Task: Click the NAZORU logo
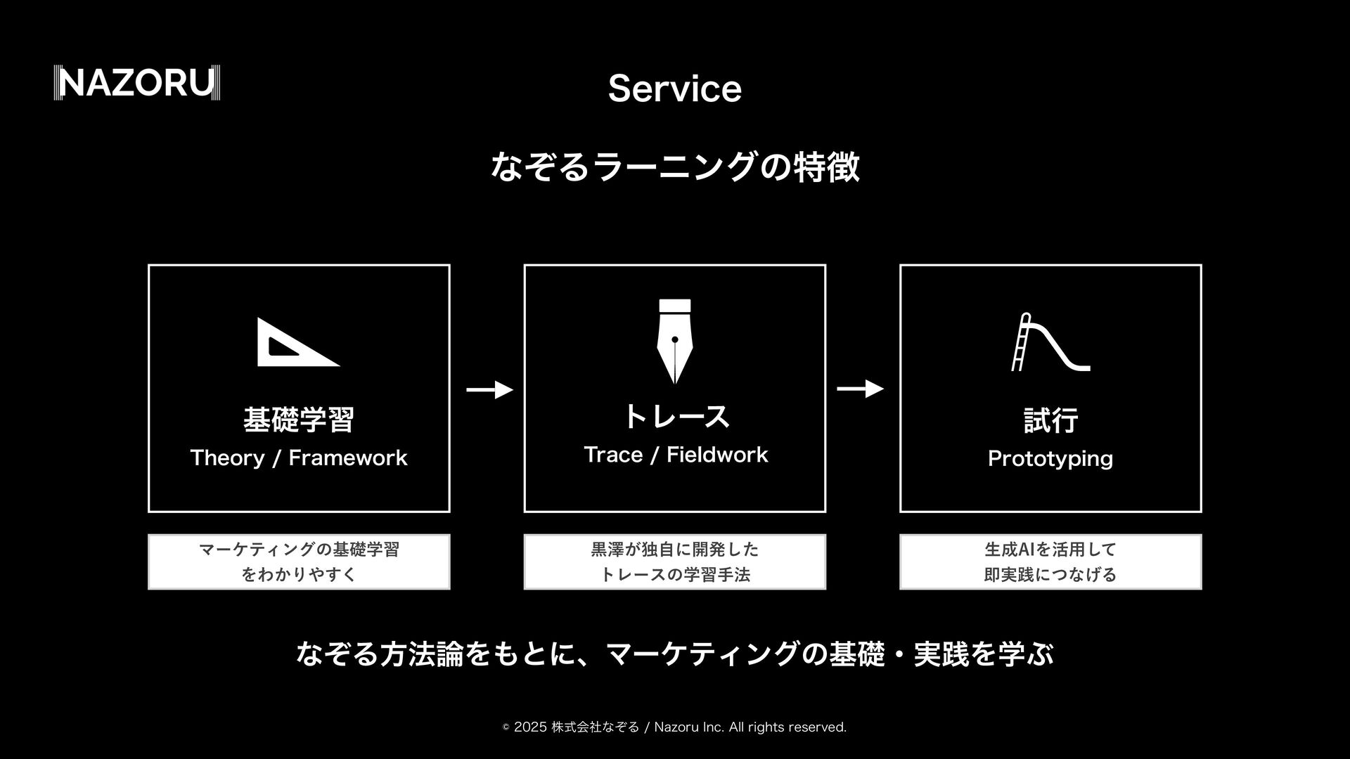pyautogui.click(x=137, y=83)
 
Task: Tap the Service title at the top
pyautogui.click(x=674, y=89)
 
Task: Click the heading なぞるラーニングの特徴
pyautogui.click(x=674, y=167)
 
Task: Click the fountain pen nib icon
pyautogui.click(x=674, y=341)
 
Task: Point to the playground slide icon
pyautogui.click(x=1050, y=342)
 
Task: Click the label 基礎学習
pyautogui.click(x=298, y=420)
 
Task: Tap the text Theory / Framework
pyautogui.click(x=298, y=458)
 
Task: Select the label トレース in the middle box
pyautogui.click(x=675, y=416)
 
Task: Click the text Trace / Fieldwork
pyautogui.click(x=675, y=455)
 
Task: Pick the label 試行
pyautogui.click(x=1050, y=420)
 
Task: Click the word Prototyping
pyautogui.click(x=1050, y=459)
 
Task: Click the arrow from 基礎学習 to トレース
pyautogui.click(x=489, y=389)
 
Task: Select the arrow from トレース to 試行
pyautogui.click(x=860, y=389)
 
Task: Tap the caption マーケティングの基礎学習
pyautogui.click(x=299, y=550)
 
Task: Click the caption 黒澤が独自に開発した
pyautogui.click(x=674, y=550)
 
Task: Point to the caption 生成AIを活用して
pyautogui.click(x=1050, y=550)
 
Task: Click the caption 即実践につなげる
pyautogui.click(x=1050, y=575)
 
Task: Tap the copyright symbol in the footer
pyautogui.click(x=506, y=728)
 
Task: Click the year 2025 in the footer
pyautogui.click(x=530, y=727)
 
